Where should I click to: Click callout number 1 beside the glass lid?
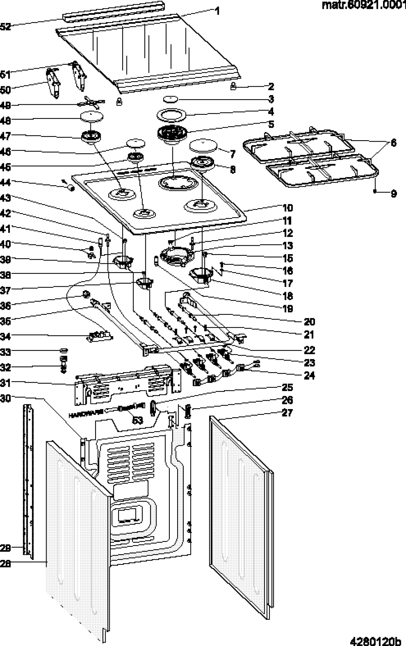click(218, 11)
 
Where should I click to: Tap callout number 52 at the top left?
click(5, 26)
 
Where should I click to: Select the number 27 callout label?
click(288, 412)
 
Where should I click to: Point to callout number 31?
click(5, 383)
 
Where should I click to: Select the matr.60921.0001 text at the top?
click(364, 5)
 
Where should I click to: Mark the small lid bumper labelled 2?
click(233, 87)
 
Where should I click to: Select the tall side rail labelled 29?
click(27, 480)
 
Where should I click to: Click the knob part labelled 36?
click(86, 294)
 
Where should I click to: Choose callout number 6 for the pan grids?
click(393, 143)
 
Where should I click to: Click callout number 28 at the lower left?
click(5, 563)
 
